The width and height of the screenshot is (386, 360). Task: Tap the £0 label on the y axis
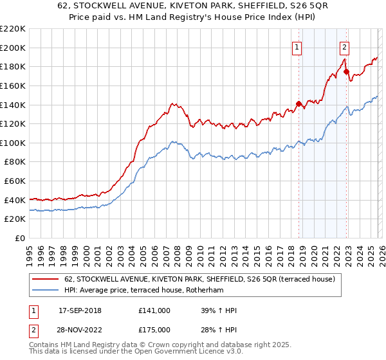click(19, 239)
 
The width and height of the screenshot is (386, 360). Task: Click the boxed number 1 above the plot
click(297, 46)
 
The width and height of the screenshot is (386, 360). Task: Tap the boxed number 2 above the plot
click(345, 46)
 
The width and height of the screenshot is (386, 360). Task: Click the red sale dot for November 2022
click(346, 71)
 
